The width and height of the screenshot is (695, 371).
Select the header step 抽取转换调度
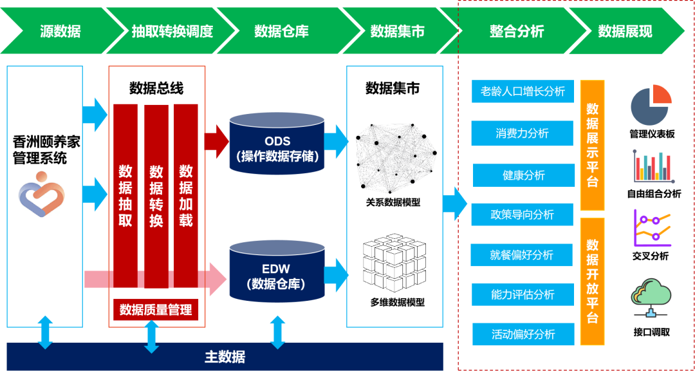pos(171,31)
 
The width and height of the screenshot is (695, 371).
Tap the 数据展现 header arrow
pos(624,31)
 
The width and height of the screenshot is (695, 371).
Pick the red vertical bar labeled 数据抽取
pos(125,196)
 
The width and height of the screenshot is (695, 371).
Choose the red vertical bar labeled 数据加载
pos(185,196)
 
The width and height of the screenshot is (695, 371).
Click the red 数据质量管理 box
pos(156,310)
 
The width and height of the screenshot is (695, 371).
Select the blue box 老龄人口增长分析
pos(522,91)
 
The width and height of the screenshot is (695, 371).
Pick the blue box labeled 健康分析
pos(523,175)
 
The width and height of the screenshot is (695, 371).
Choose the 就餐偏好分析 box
pos(521,255)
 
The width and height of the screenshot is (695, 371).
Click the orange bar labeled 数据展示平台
pos(592,145)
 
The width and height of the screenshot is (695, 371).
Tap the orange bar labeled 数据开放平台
pos(592,281)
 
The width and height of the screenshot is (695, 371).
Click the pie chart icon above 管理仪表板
pos(651,105)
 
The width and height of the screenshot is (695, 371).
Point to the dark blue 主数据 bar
pos(225,356)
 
